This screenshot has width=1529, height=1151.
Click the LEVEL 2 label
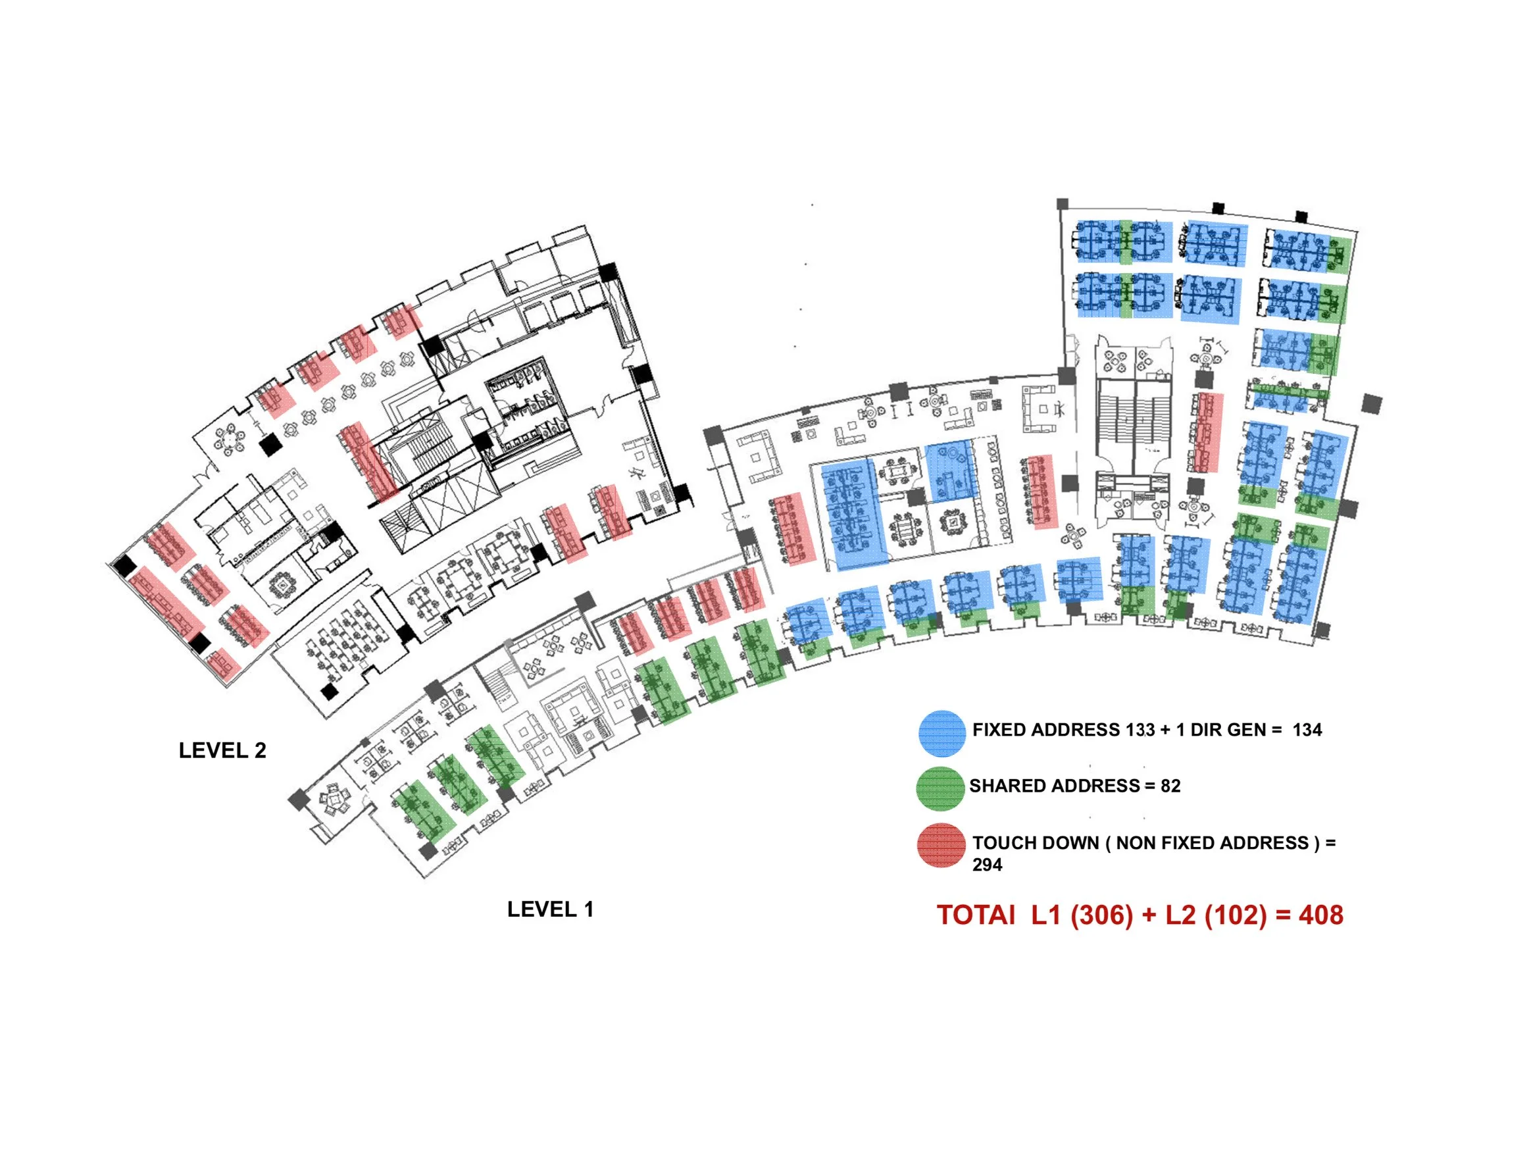click(x=222, y=751)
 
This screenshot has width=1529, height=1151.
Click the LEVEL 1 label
click(x=550, y=909)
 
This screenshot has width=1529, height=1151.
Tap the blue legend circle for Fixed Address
click(x=941, y=734)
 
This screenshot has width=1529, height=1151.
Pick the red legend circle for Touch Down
click(x=941, y=846)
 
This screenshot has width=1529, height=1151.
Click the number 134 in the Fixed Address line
click(x=1307, y=730)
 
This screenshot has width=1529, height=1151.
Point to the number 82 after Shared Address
click(x=1171, y=786)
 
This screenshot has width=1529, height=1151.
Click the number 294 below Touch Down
click(x=987, y=865)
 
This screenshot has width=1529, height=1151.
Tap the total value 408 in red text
click(x=1321, y=915)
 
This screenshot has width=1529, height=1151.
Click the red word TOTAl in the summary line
click(x=976, y=915)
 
